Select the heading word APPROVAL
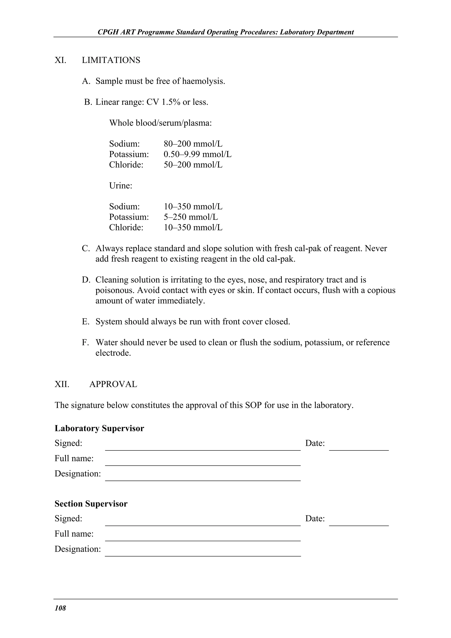point(113,384)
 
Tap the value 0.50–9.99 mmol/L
point(197,154)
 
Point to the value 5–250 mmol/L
point(191,217)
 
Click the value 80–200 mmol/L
point(193,144)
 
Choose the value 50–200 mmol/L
point(193,165)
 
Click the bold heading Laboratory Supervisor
point(99,428)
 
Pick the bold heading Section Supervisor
point(91,504)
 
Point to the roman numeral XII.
point(62,384)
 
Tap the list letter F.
point(85,343)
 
